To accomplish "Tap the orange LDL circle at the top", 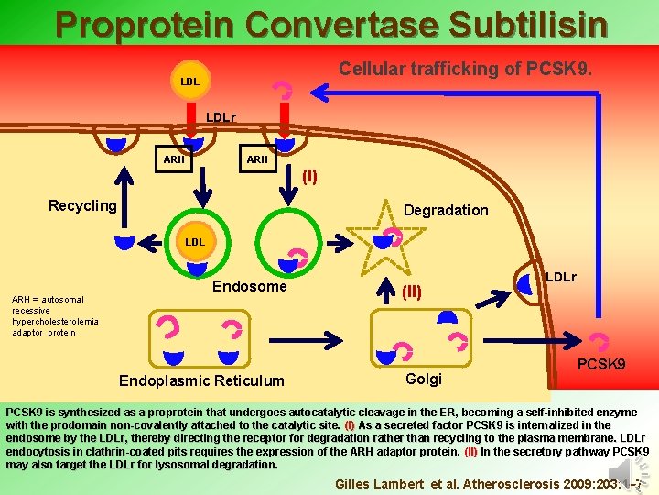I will [190, 82].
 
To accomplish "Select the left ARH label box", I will [174, 159].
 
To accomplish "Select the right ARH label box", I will [257, 159].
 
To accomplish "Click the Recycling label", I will [82, 205].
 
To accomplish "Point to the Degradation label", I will [446, 210].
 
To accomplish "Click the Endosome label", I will [250, 286].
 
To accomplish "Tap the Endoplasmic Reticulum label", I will [202, 380].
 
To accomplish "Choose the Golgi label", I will [423, 379].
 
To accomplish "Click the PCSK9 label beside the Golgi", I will [601, 365].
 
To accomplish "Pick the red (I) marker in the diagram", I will [309, 176].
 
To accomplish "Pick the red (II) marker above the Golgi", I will [411, 293].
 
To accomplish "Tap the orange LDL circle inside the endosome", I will [195, 242].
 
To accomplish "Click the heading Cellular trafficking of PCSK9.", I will [465, 69].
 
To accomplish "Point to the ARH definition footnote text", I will [55, 315].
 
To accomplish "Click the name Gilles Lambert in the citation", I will [377, 483].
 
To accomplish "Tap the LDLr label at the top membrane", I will [221, 116].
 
